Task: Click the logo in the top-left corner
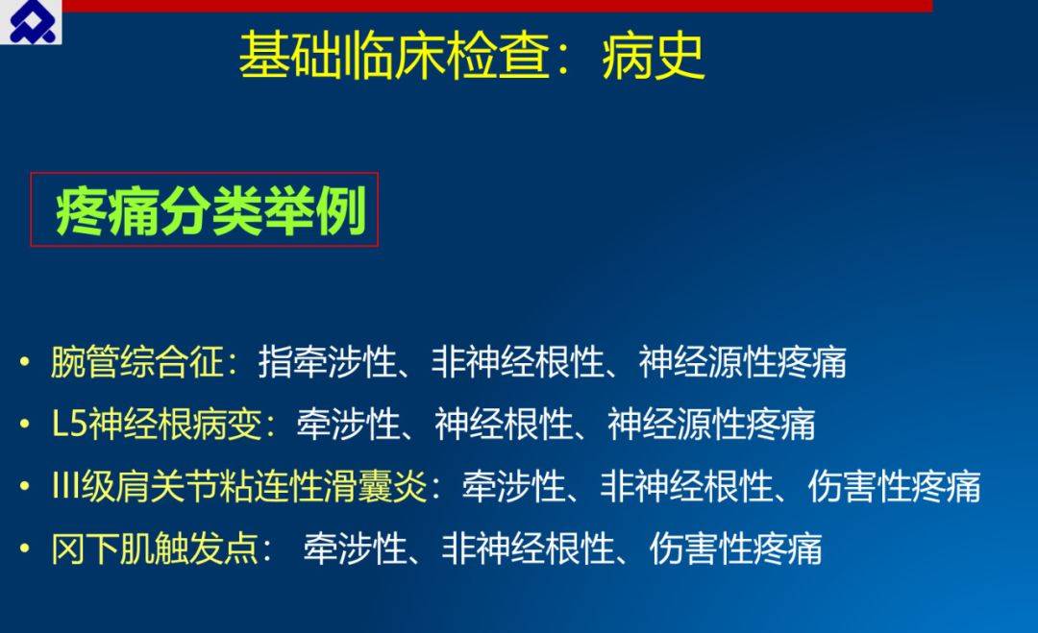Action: point(31,21)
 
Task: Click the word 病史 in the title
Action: point(653,56)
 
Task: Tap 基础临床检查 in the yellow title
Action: point(395,56)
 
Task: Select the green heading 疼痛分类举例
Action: point(211,211)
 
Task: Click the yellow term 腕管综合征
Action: point(137,362)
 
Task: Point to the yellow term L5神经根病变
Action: point(157,424)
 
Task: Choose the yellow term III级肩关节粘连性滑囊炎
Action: point(239,486)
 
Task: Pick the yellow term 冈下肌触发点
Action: point(155,548)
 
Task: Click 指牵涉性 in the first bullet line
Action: point(327,362)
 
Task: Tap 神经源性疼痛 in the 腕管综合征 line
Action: point(742,362)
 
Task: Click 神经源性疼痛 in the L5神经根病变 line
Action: point(711,424)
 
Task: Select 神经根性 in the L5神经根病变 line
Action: point(503,424)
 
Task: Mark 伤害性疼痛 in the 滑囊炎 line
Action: point(894,486)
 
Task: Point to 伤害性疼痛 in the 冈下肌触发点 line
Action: point(735,548)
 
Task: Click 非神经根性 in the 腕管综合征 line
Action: point(518,362)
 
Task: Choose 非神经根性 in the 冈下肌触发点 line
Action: point(529,548)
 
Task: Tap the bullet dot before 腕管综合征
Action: point(25,362)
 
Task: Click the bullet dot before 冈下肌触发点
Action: point(25,549)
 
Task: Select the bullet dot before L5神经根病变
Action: point(25,424)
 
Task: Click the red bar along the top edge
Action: point(497,6)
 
